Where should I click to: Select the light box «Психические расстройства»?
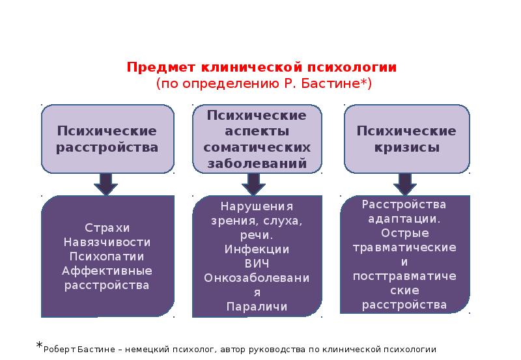point(107,139)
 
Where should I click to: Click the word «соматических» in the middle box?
point(257,147)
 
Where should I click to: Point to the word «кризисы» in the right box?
point(406,147)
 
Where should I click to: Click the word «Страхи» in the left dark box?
point(107,227)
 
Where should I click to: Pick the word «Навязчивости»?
point(107,242)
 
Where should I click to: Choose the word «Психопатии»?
point(107,256)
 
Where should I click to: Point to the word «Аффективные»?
point(107,270)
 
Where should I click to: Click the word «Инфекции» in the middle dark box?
point(257,249)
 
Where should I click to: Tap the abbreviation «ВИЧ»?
point(257,263)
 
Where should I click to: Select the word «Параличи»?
point(257,306)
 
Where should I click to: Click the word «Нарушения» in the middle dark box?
point(257,206)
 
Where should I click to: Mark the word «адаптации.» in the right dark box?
point(404,219)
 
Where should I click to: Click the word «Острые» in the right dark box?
point(404,233)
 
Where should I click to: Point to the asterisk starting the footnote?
point(39,346)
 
